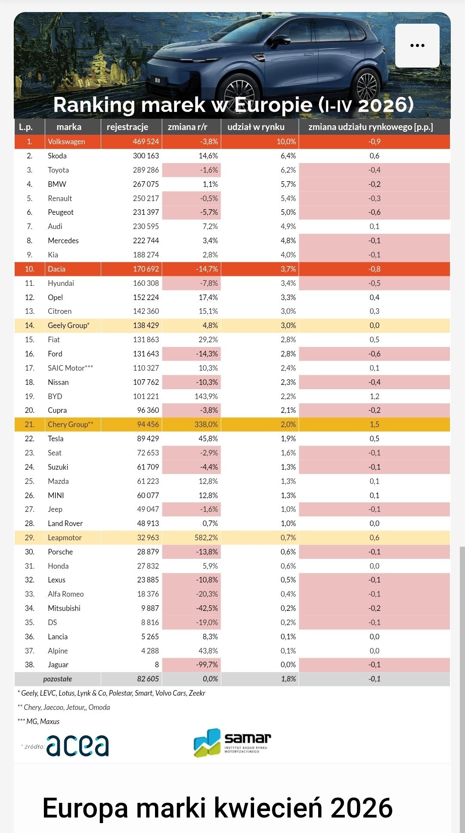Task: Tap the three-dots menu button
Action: [x=417, y=46]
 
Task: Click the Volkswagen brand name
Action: [x=66, y=142]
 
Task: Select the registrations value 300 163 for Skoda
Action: [x=146, y=156]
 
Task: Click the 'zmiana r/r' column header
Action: [x=187, y=127]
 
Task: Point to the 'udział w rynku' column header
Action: [x=256, y=127]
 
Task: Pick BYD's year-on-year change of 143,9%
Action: [x=206, y=396]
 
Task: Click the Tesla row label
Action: [x=56, y=439]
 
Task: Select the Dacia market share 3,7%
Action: [x=288, y=269]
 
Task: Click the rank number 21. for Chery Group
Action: [x=29, y=424]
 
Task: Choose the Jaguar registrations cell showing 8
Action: [x=157, y=665]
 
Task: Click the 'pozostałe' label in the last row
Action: [x=58, y=679]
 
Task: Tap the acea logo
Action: [x=77, y=746]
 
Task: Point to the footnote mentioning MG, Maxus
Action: [x=39, y=722]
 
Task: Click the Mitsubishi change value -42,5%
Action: [x=207, y=608]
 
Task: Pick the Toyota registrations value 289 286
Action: [x=146, y=170]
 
